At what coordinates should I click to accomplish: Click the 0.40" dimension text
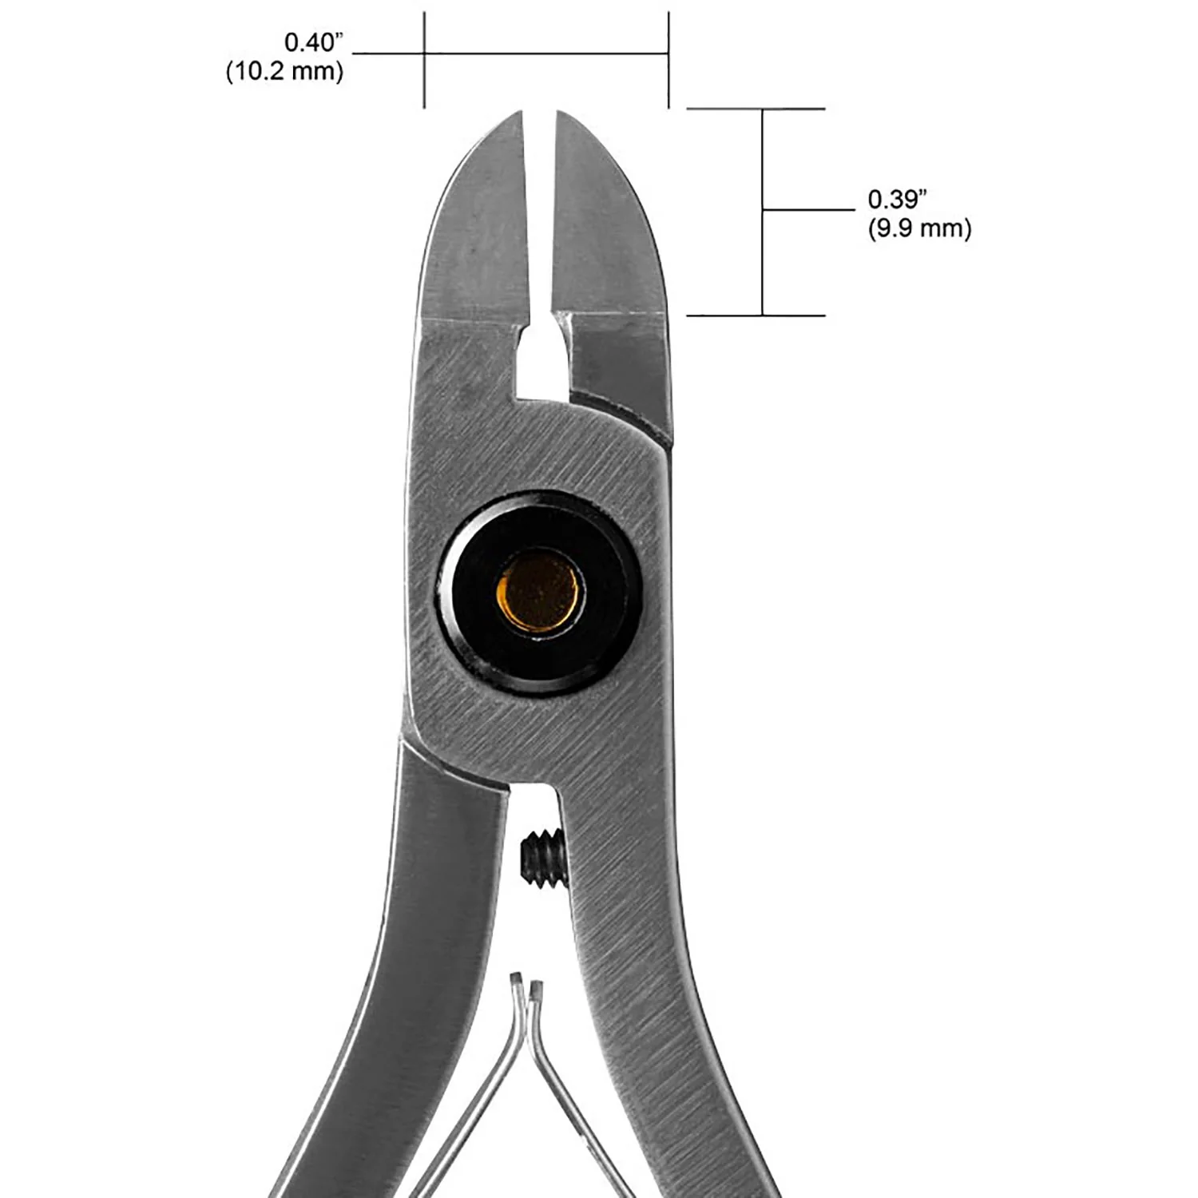coord(314,42)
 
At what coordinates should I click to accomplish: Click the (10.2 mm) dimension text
coord(285,72)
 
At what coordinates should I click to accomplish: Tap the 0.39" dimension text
coord(898,199)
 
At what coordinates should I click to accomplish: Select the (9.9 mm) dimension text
coord(919,229)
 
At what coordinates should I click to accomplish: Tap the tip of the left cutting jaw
coord(521,112)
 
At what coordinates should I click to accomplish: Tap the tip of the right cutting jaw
coord(559,112)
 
